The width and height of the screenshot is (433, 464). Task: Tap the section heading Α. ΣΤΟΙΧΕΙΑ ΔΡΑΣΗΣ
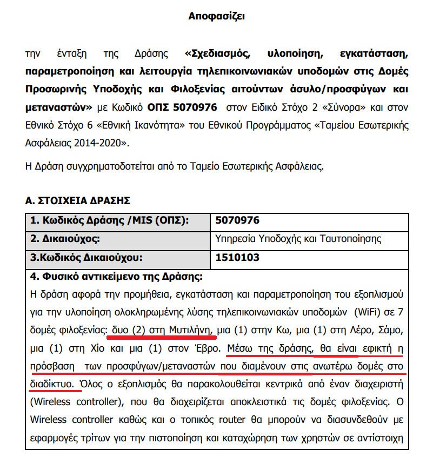(78, 200)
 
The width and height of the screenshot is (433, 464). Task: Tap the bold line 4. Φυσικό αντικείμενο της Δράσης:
(116, 278)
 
